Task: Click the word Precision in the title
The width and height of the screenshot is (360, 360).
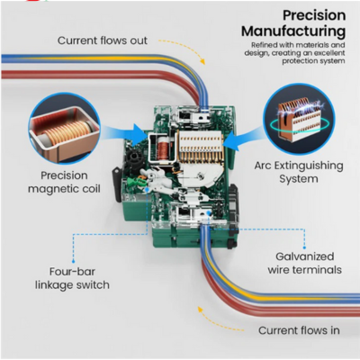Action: tap(314, 15)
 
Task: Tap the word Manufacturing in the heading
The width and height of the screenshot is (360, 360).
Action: tap(293, 31)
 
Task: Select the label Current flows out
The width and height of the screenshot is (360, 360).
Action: tap(103, 40)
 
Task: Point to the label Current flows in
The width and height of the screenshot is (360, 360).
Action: tap(299, 330)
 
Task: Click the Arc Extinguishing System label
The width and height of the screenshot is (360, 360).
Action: tap(299, 172)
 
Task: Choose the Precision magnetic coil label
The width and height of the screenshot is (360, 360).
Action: tap(64, 182)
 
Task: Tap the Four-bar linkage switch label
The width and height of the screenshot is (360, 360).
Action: tap(72, 278)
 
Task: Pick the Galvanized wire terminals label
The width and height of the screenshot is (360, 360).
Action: tap(305, 263)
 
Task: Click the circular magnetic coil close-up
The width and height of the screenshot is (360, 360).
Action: tap(64, 128)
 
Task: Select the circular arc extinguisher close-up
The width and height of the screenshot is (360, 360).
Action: tap(299, 119)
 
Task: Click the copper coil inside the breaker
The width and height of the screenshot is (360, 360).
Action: tap(162, 148)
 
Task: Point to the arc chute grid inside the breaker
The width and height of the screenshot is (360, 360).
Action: tap(201, 146)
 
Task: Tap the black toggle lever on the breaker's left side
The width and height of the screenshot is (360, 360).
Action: tap(116, 184)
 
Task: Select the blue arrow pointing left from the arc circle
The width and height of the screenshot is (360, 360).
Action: tap(243, 139)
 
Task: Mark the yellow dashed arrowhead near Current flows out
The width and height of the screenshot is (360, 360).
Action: tap(202, 61)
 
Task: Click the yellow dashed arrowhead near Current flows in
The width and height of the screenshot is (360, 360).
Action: tap(200, 310)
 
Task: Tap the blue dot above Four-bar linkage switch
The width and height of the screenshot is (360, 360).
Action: tap(73, 262)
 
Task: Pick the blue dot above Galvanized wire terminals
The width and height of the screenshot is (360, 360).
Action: tap(304, 247)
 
